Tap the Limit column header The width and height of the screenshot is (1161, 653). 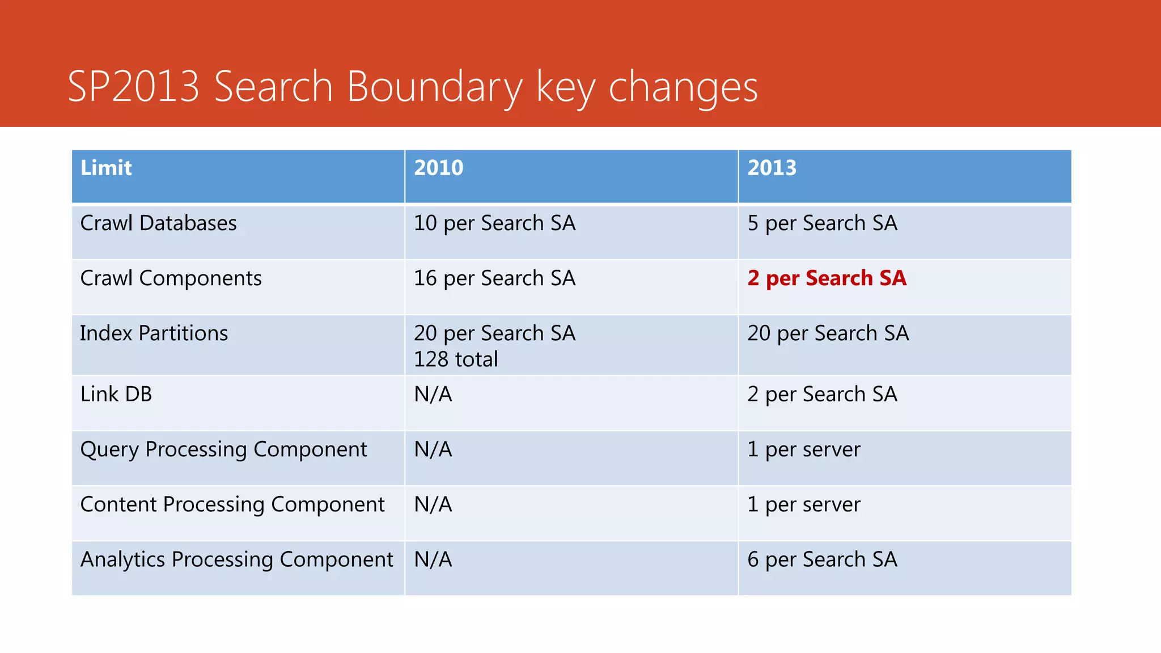[x=106, y=168]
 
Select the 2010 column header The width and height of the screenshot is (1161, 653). [x=438, y=168]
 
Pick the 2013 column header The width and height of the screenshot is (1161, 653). [x=772, y=168]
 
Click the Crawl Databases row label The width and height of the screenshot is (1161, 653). [x=158, y=223]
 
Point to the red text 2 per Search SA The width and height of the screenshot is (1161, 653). [x=827, y=278]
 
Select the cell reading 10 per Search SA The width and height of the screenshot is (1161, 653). [x=494, y=223]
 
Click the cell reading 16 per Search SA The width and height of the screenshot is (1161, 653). [x=494, y=278]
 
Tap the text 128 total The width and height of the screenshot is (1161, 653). [x=456, y=359]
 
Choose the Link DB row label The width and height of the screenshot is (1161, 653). [x=116, y=395]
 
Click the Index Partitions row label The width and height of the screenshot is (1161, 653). [x=154, y=333]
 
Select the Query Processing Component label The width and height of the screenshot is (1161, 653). [x=223, y=450]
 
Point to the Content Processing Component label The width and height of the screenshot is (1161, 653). [x=232, y=504]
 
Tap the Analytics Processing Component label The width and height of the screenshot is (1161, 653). [x=236, y=559]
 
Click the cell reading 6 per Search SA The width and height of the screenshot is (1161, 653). [x=822, y=559]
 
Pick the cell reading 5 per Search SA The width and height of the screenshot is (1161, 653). [x=822, y=223]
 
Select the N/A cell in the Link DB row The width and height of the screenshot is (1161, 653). [x=433, y=395]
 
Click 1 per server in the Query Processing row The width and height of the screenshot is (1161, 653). [x=803, y=450]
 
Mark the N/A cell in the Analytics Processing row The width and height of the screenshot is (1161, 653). [x=433, y=559]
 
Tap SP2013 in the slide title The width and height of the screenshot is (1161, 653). [x=134, y=87]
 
